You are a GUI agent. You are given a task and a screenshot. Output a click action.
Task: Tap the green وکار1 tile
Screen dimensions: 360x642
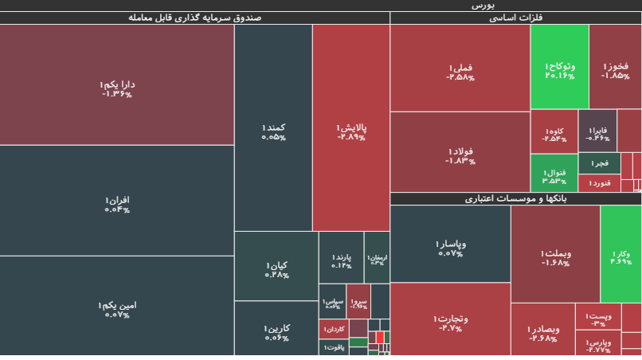pos(621,253)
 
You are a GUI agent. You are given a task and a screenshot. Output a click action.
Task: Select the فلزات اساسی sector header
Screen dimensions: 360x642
pos(516,18)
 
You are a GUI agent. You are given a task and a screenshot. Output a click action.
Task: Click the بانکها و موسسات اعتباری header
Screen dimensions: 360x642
pos(516,198)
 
